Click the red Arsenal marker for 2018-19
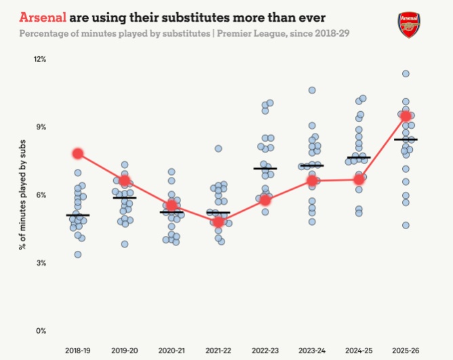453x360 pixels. [x=78, y=154]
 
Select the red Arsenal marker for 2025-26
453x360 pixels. [x=406, y=117]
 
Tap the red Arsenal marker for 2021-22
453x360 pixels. [x=218, y=221]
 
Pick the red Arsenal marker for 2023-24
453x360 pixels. [x=312, y=180]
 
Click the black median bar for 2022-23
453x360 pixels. [x=265, y=168]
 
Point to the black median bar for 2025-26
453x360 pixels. [x=406, y=140]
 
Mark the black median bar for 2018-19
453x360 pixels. [x=78, y=215]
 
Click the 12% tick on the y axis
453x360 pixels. [x=39, y=60]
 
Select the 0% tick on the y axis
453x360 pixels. [x=39, y=331]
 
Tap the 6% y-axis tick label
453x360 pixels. [x=39, y=195]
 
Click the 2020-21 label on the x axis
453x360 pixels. [x=172, y=351]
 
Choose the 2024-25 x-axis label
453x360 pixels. [x=359, y=351]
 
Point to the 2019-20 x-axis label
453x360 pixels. [x=125, y=351]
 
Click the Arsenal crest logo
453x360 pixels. [x=409, y=24]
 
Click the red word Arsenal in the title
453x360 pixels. [x=43, y=16]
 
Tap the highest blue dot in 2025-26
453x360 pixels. [x=406, y=74]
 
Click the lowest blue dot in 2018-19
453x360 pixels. [x=78, y=254]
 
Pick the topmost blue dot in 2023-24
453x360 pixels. [x=312, y=90]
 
